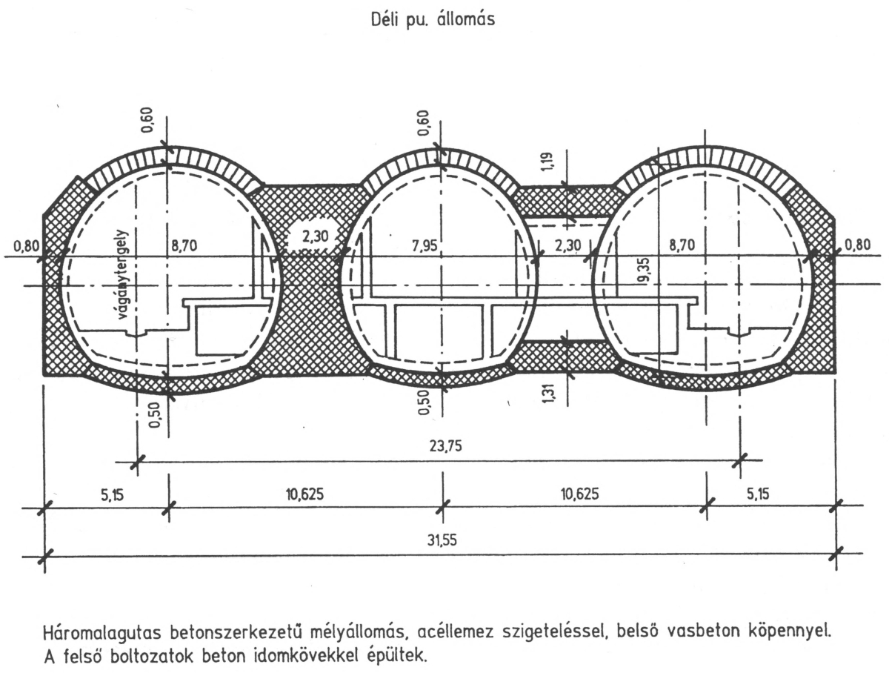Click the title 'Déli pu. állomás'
coord(433,21)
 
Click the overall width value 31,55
coord(442,540)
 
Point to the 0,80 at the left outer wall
coord(24,245)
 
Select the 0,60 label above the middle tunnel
coord(424,122)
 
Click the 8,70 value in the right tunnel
coord(682,245)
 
